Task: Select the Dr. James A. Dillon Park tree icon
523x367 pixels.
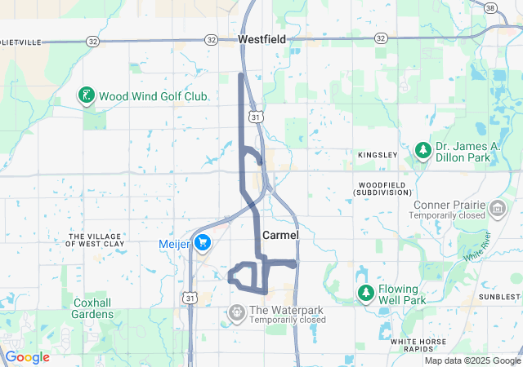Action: coord(422,149)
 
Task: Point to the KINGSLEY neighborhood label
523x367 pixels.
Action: coord(377,154)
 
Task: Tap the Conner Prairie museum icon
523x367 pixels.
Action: coord(496,210)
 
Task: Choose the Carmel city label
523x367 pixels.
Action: coord(280,235)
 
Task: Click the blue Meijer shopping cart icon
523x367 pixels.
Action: coord(203,243)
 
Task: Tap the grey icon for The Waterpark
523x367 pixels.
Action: coord(237,311)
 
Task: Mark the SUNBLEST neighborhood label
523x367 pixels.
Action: coord(500,298)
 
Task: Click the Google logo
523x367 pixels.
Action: coord(27,357)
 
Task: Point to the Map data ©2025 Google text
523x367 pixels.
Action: coord(472,360)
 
